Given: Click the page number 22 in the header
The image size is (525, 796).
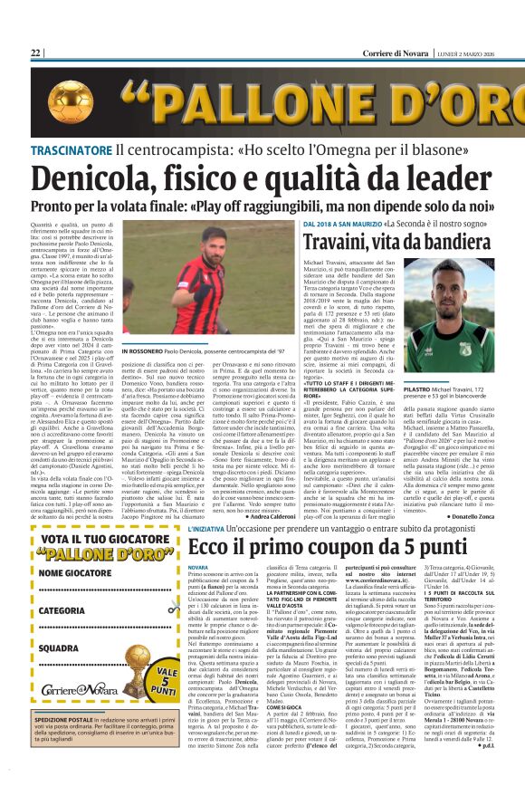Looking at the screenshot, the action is coord(36,53).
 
